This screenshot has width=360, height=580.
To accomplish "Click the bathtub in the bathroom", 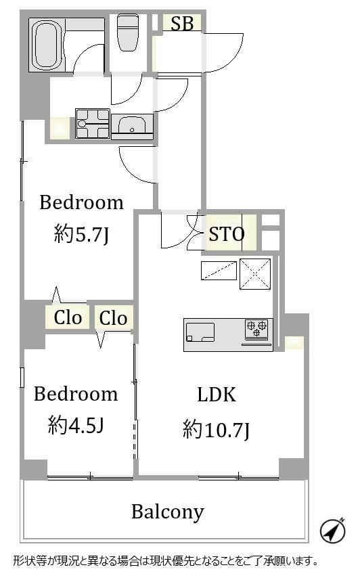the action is tap(47, 45).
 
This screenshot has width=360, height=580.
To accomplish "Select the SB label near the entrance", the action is tap(183, 24).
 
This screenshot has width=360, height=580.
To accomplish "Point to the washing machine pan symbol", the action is tap(93, 124).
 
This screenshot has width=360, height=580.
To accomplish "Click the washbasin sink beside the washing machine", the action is tap(132, 126).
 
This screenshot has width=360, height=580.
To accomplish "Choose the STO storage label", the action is tap(227, 233).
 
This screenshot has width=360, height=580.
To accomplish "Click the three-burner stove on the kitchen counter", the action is tap(257, 329).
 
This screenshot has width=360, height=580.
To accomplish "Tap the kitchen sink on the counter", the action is tap(200, 332).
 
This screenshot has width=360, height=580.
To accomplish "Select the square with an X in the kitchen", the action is tap(255, 274).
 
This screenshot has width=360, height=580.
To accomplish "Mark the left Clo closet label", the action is tap(68, 317).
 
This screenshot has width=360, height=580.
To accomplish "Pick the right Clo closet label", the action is tap(113, 318).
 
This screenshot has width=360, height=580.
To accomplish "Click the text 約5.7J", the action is tap(81, 234).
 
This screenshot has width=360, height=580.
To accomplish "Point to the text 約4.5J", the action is tap(76, 425).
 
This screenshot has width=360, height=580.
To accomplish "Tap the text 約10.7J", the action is tap(217, 430).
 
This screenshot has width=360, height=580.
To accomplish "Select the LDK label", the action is tap(217, 395).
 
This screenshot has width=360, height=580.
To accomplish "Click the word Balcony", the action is tap(168, 512).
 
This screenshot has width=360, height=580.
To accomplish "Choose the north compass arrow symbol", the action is tap(333, 531).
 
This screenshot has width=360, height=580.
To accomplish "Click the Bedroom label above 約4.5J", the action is tap(76, 394).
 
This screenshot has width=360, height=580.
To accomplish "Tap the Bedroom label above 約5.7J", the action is tap(81, 202).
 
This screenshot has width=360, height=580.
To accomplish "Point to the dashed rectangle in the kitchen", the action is tap(219, 271).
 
